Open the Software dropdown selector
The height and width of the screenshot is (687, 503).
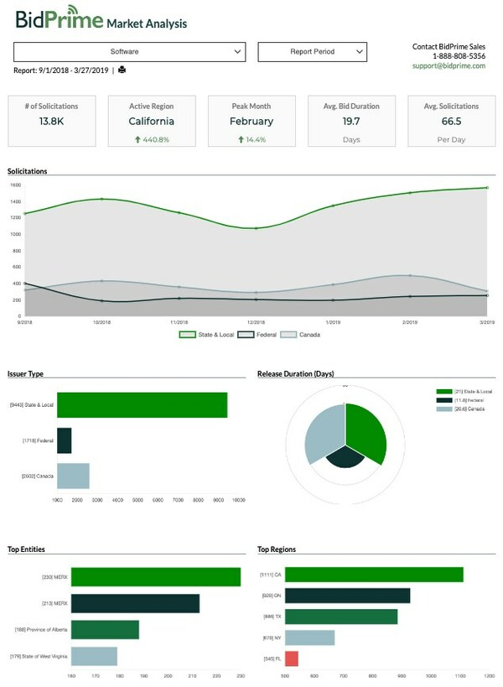[129, 52]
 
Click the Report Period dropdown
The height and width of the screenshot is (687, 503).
[312, 52]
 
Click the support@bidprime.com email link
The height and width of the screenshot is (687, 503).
[449, 65]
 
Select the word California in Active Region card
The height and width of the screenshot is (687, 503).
[151, 122]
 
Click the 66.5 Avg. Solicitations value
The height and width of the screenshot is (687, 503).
[451, 122]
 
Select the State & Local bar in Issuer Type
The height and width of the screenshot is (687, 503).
[142, 405]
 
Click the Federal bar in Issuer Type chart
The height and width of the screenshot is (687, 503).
[65, 440]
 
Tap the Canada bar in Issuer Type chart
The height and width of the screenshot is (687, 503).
[73, 476]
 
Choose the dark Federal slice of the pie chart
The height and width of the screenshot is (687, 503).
[345, 456]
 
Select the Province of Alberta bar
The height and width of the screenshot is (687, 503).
[105, 630]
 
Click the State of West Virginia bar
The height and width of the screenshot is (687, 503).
[94, 656]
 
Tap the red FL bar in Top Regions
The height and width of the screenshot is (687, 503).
[292, 658]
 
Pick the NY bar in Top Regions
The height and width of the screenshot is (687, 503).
[310, 638]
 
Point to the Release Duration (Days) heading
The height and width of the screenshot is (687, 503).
[295, 373]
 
